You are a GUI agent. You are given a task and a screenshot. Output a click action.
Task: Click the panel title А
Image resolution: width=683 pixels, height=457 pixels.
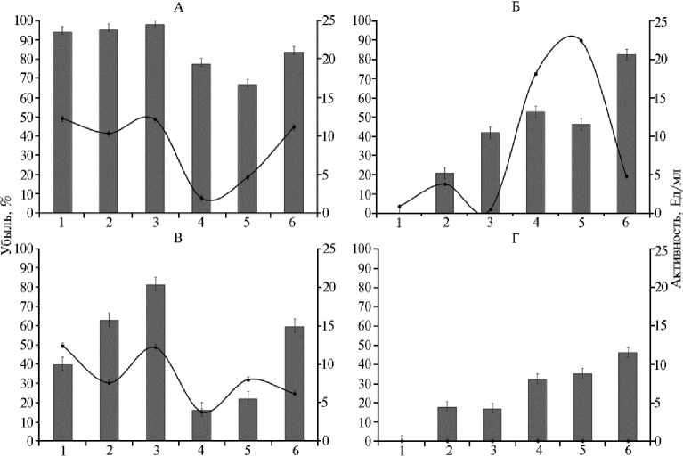(x=178, y=8)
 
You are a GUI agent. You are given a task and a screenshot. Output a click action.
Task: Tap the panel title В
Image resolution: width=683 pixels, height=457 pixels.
(x=177, y=236)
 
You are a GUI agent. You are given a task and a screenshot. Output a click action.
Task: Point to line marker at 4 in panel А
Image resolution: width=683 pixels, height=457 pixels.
(x=201, y=198)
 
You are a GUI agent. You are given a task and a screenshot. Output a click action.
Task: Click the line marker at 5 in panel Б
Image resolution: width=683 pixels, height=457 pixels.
(x=581, y=41)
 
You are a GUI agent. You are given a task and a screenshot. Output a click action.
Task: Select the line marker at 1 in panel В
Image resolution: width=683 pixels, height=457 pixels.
(x=62, y=345)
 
